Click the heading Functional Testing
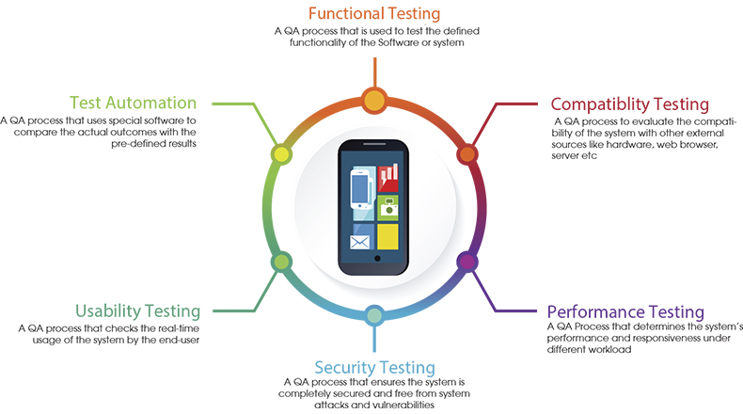375,15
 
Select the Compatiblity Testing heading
629,104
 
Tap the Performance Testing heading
625,311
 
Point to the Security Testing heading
374,367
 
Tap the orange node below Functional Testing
374,99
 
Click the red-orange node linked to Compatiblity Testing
466,154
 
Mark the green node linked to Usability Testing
279,261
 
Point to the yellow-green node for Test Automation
279,154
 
